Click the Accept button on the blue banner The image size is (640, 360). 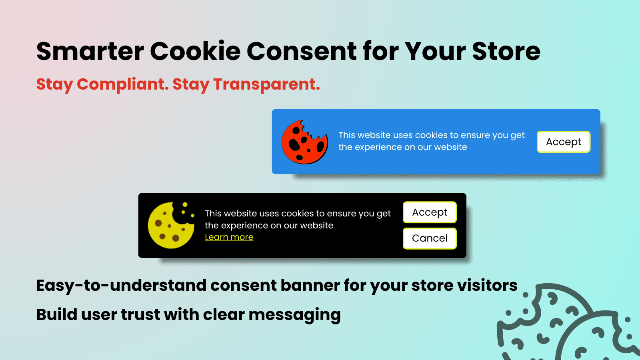pos(563,142)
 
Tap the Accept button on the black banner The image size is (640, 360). pos(430,212)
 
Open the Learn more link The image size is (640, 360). pos(229,237)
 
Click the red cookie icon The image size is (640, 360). pos(304,142)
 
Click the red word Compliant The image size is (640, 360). pos(122,84)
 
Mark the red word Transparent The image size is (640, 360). pos(266,84)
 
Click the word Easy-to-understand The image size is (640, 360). pos(121,286)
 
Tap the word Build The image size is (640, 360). pos(56,315)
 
